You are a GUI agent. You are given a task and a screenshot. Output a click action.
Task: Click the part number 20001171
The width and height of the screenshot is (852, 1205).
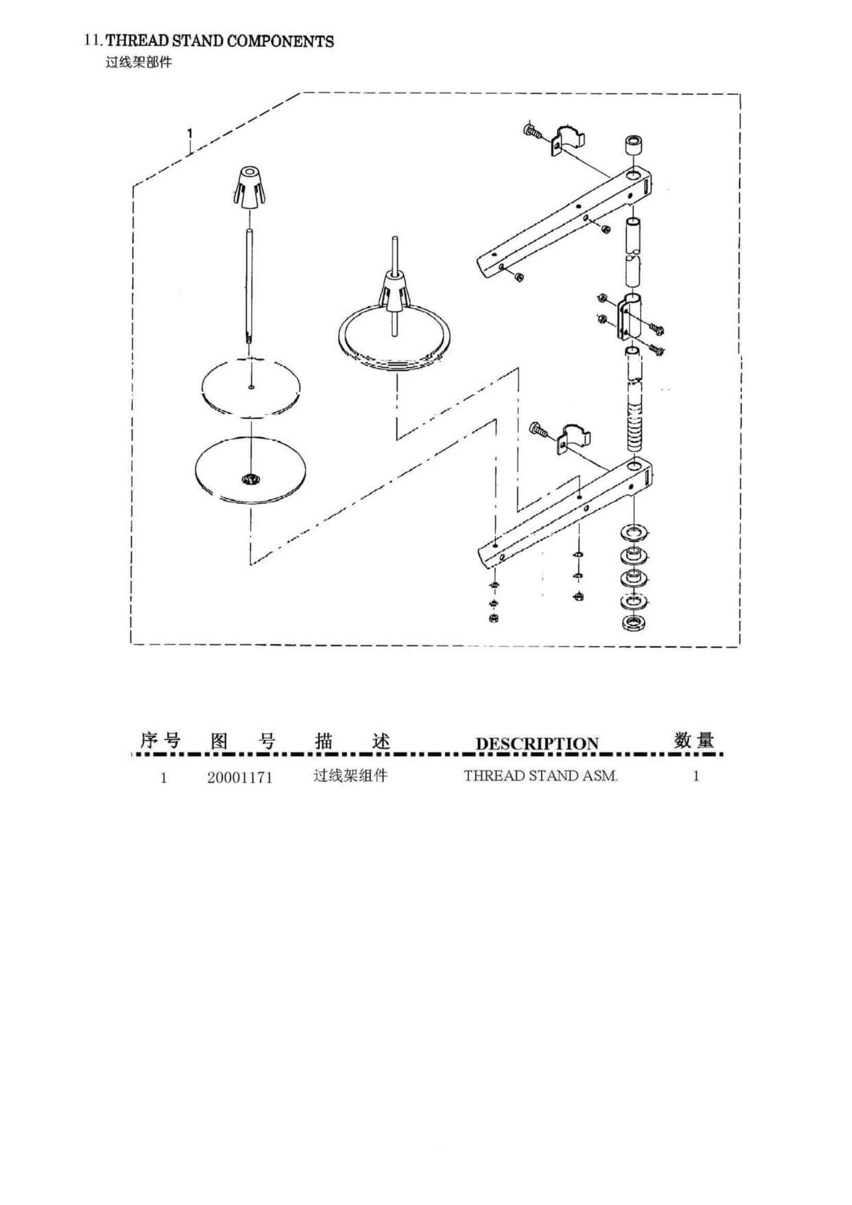coord(240,777)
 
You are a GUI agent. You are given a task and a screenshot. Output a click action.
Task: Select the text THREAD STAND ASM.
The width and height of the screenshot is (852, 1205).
coord(541,776)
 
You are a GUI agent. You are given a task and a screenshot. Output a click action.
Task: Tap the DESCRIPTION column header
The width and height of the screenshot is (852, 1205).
coord(537,744)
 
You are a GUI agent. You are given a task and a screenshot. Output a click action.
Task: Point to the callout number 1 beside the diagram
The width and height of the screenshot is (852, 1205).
coord(190,134)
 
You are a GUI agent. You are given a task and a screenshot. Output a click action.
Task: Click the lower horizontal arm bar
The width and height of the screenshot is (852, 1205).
coord(564,512)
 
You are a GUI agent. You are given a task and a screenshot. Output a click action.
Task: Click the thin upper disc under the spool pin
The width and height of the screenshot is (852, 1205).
coord(252,387)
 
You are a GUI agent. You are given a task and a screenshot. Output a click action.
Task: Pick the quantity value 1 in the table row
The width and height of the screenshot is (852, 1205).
coord(697,776)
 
